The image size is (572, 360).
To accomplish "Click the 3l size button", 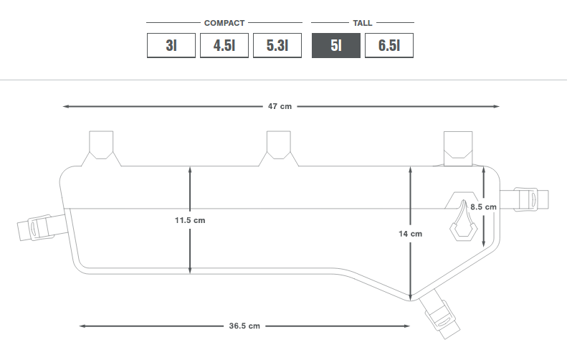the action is (x=171, y=46).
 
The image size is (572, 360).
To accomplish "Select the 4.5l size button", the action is (x=224, y=46).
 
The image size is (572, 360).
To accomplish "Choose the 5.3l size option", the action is (x=277, y=46).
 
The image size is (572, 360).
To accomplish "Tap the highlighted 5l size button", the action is (x=336, y=46).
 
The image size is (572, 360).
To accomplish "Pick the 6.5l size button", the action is (x=389, y=46).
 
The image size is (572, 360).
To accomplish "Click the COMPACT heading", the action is (x=224, y=23).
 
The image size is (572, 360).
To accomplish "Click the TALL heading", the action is (x=362, y=23).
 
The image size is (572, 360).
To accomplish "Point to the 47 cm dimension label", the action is (x=280, y=106).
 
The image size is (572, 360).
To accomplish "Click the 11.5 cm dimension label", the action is (x=190, y=220).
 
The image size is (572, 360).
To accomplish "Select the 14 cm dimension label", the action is (x=411, y=234).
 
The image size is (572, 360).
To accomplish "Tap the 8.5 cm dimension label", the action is (x=483, y=207).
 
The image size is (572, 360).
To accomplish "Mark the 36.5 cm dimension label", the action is (x=244, y=326).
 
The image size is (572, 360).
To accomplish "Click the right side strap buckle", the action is (x=525, y=199).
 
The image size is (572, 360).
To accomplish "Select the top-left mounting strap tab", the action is (x=101, y=145).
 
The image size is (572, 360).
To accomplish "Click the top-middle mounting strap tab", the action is (x=279, y=145).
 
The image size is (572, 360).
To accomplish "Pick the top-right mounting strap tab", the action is (x=458, y=148).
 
